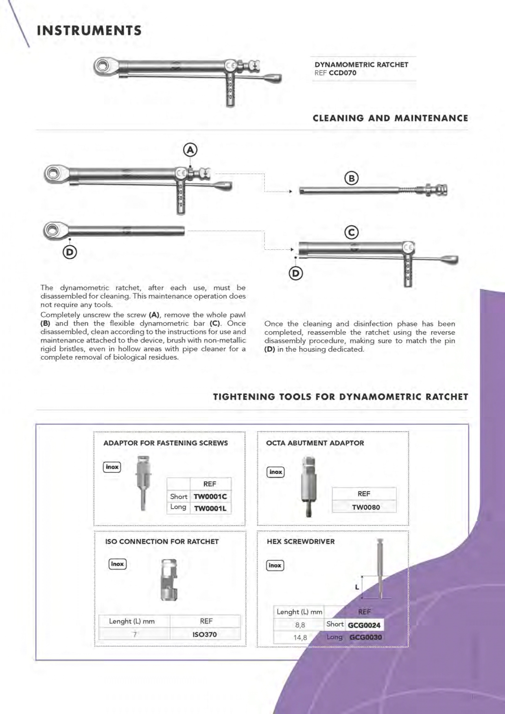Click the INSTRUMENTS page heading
pyautogui.click(x=89, y=31)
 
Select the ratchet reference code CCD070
pyautogui.click(x=342, y=73)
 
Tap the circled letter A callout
pyautogui.click(x=190, y=150)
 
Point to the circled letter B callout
pyautogui.click(x=352, y=178)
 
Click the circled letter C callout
pyautogui.click(x=352, y=232)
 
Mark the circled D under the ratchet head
pyautogui.click(x=70, y=252)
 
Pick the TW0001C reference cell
pyautogui.click(x=210, y=497)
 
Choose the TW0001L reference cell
pyautogui.click(x=210, y=509)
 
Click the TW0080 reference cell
pyautogui.click(x=365, y=507)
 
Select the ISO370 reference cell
pyautogui.click(x=204, y=634)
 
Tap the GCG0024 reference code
pyautogui.click(x=364, y=625)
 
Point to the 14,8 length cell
pyautogui.click(x=300, y=638)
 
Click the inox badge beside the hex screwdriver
pyautogui.click(x=275, y=565)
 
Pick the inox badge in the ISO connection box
pyautogui.click(x=117, y=564)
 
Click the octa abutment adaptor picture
pyautogui.click(x=309, y=486)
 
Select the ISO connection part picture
pyautogui.click(x=169, y=580)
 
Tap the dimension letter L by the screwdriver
pyautogui.click(x=357, y=587)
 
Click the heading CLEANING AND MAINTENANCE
pyautogui.click(x=390, y=118)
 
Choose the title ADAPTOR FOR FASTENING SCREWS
pyautogui.click(x=165, y=443)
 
